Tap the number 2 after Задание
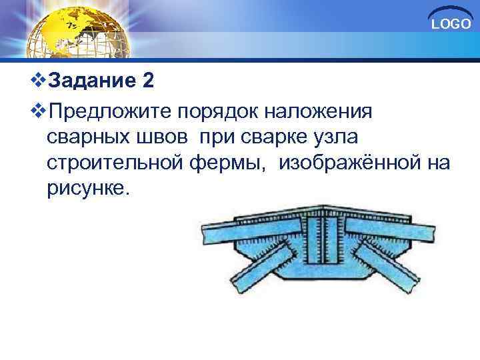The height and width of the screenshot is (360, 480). pyautogui.click(x=148, y=81)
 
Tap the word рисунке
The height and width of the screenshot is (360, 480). pyautogui.click(x=86, y=189)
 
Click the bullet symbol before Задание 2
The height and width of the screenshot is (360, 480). pyautogui.click(x=39, y=82)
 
